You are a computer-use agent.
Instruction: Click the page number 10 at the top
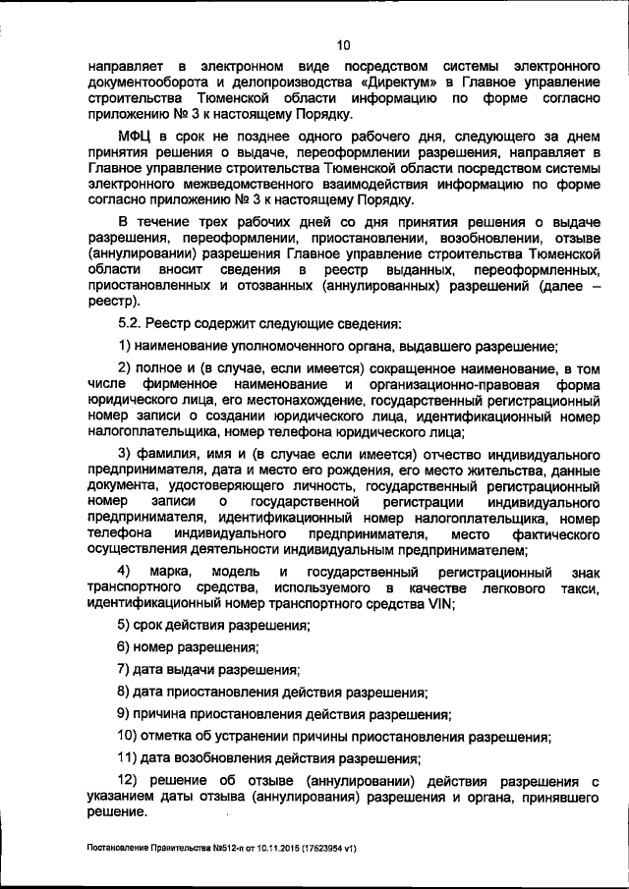click(343, 44)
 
